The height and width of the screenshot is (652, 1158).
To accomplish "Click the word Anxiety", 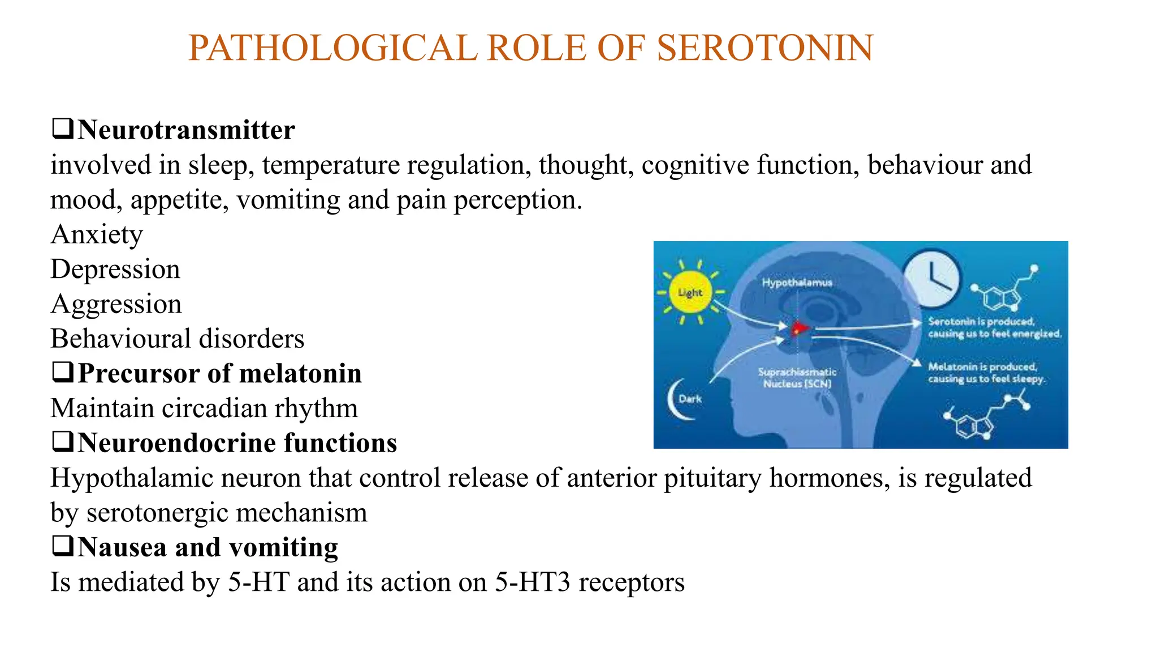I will (97, 234).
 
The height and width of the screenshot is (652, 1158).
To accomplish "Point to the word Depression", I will (115, 269).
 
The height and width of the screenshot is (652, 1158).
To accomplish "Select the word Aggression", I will (116, 304).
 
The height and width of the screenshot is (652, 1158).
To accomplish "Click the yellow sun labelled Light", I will (690, 293).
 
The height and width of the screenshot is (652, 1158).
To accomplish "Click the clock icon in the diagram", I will (931, 278).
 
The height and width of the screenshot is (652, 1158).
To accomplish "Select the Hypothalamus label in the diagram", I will (797, 282).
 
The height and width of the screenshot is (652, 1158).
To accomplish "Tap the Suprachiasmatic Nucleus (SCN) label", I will (797, 378).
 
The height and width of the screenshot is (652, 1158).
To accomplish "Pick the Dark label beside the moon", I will (690, 399).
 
